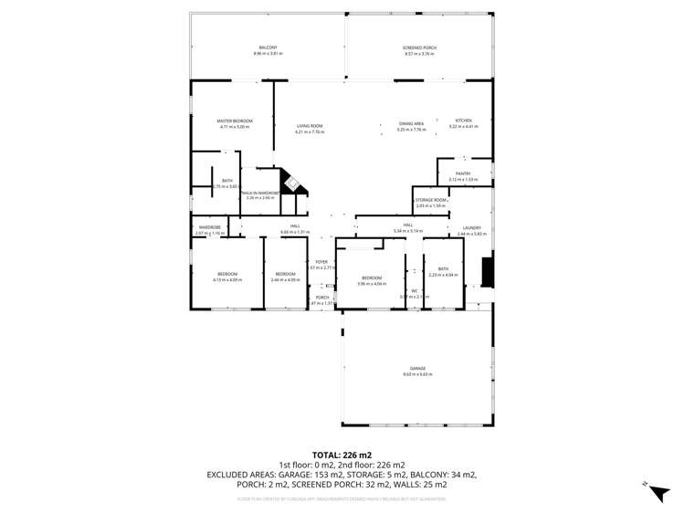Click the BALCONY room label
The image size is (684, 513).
click(x=268, y=47)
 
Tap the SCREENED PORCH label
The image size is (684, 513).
click(x=419, y=47)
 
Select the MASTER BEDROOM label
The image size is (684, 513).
click(x=235, y=120)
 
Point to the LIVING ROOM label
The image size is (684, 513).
click(x=310, y=126)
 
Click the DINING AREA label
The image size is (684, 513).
click(x=411, y=123)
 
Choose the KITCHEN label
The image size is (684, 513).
click(x=463, y=120)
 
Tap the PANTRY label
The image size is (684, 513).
click(x=463, y=173)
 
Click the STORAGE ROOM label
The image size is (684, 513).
click(x=430, y=199)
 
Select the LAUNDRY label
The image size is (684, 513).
click(x=472, y=228)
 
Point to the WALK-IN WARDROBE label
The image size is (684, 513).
click(x=260, y=193)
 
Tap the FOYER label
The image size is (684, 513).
click(x=321, y=261)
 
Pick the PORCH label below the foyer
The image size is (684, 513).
click(x=322, y=297)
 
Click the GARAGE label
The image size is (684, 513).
click(x=417, y=368)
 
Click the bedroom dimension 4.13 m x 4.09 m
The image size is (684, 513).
click(x=227, y=279)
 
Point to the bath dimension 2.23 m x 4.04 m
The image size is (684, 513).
click(x=442, y=275)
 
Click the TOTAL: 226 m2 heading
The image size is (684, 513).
click(x=342, y=454)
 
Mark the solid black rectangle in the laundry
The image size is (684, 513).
click(x=488, y=272)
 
